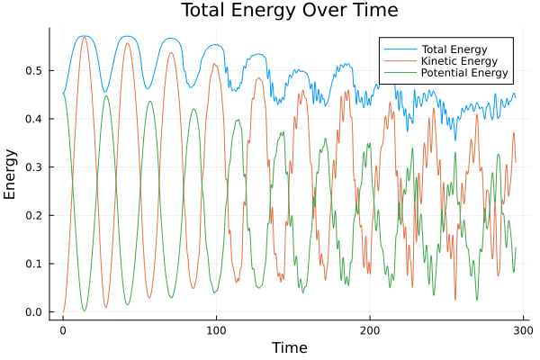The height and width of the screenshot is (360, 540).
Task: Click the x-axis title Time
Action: (x=290, y=347)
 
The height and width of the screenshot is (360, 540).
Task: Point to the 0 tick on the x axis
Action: (x=63, y=330)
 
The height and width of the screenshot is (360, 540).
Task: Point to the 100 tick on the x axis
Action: (x=216, y=330)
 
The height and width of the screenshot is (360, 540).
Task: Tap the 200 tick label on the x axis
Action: (x=370, y=330)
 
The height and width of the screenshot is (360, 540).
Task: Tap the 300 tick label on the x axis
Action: (x=523, y=330)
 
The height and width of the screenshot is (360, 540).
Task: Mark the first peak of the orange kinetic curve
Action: (x=84, y=37)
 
